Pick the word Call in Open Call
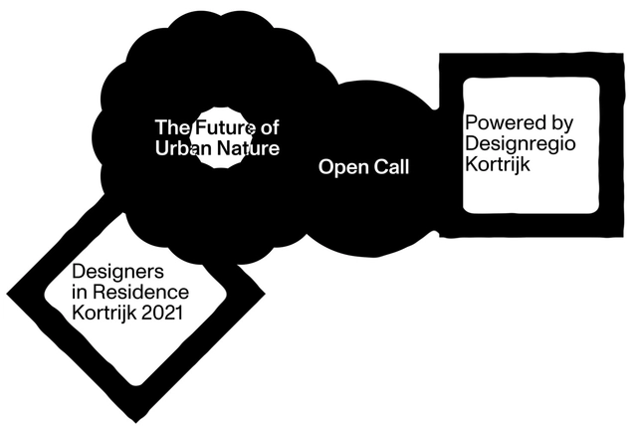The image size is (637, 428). (x=390, y=167)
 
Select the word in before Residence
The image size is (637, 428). (x=80, y=293)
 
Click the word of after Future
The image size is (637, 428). (x=269, y=128)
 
